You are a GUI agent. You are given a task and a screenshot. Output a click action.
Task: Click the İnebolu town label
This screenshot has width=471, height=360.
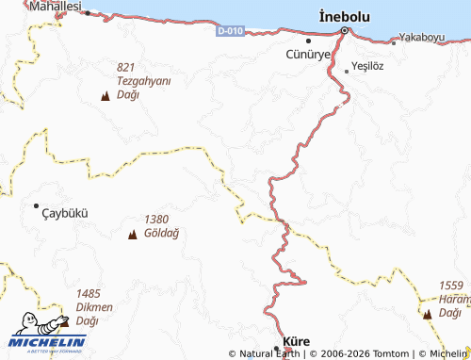coord(344,16)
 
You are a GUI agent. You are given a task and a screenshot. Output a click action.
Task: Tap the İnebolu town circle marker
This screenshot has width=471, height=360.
coord(344,31)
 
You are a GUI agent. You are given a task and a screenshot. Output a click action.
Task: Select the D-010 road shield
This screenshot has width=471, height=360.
coord(229,31)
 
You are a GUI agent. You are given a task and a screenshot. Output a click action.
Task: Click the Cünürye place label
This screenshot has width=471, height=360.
coord(308,55)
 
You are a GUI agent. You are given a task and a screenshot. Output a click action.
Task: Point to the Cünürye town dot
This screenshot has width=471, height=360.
coord(308,41)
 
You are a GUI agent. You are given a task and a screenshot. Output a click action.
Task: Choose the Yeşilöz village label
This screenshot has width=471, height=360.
coord(367,69)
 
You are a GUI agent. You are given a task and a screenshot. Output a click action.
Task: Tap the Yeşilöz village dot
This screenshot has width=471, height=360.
coord(346,70)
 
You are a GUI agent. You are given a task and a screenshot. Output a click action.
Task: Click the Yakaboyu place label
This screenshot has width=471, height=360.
coord(421,38)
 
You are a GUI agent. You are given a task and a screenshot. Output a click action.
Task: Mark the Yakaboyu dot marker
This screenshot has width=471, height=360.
coord(394,42)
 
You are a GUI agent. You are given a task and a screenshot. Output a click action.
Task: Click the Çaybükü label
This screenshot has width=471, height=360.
coord(65,213)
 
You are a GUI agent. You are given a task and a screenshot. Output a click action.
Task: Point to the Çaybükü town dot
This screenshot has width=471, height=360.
coord(37,205)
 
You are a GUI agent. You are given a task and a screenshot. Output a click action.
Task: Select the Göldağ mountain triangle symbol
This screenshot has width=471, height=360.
coord(132,234)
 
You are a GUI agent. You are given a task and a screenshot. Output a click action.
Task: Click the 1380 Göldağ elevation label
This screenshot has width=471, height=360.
coord(161,226)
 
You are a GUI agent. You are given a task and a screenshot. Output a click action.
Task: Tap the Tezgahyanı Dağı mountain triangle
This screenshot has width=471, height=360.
coord(105,96)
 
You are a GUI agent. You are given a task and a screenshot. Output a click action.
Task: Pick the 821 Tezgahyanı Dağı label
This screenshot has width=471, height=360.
coord(143,81)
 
